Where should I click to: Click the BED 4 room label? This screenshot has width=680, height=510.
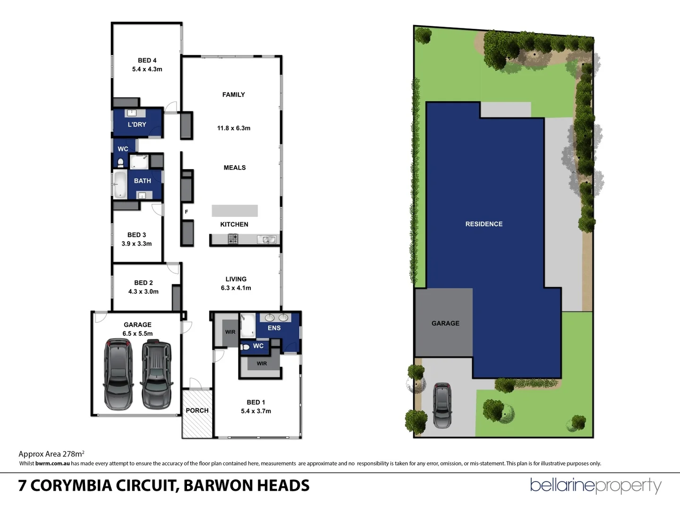(x=147, y=60)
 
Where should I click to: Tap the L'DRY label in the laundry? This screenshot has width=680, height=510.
(x=137, y=125)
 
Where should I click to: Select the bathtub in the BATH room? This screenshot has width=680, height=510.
(x=120, y=184)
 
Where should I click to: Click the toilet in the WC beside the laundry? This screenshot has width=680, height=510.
(x=120, y=163)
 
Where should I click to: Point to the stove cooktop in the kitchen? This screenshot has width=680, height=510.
(x=233, y=239)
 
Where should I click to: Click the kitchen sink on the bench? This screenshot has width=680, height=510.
(x=266, y=239)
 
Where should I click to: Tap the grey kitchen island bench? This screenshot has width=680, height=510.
(x=235, y=211)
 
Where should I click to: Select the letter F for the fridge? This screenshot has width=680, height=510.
(x=187, y=212)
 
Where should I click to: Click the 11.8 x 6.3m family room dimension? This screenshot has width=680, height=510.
(x=234, y=128)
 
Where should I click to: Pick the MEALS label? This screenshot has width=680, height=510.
(x=235, y=168)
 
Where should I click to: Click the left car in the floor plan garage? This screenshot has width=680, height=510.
(x=119, y=375)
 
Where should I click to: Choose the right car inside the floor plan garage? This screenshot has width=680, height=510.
(x=157, y=375)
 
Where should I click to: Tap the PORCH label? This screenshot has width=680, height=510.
(x=197, y=410)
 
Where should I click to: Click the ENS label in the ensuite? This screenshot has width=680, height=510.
(x=274, y=328)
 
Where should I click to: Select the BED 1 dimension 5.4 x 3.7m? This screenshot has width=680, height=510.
(x=256, y=411)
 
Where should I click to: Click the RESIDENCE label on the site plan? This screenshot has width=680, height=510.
(x=484, y=224)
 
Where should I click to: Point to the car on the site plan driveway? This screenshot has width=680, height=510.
(x=442, y=405)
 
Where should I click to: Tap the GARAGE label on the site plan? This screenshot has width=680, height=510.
(x=445, y=323)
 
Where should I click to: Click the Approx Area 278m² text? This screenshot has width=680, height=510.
(x=51, y=454)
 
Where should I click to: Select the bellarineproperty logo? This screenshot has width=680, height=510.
(x=595, y=485)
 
